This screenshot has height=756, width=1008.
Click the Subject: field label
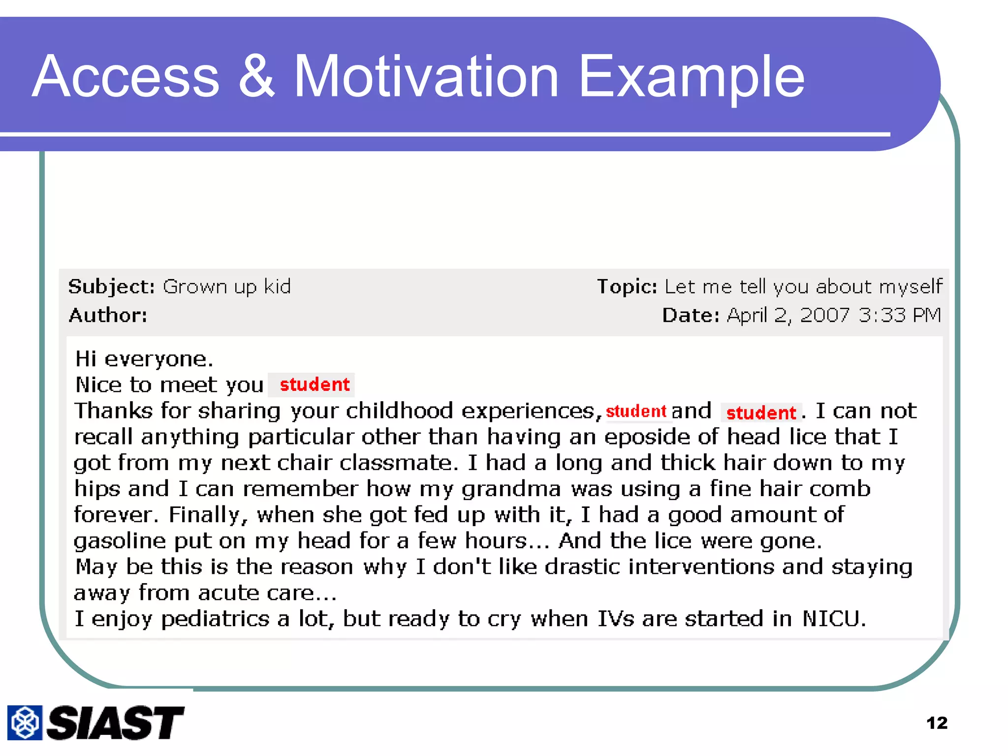[x=112, y=286]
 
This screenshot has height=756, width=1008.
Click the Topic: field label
[x=627, y=286]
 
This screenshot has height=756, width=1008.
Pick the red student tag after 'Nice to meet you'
[x=315, y=385]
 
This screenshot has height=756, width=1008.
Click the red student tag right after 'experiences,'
[x=636, y=411]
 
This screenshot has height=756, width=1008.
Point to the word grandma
[x=511, y=489]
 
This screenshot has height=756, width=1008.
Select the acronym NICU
[x=833, y=619]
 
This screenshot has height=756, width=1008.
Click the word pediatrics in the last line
[x=215, y=619]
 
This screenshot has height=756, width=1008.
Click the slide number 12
[x=936, y=723]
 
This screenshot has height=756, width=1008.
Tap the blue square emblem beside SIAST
[x=25, y=723]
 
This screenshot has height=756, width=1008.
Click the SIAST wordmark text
[x=115, y=723]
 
